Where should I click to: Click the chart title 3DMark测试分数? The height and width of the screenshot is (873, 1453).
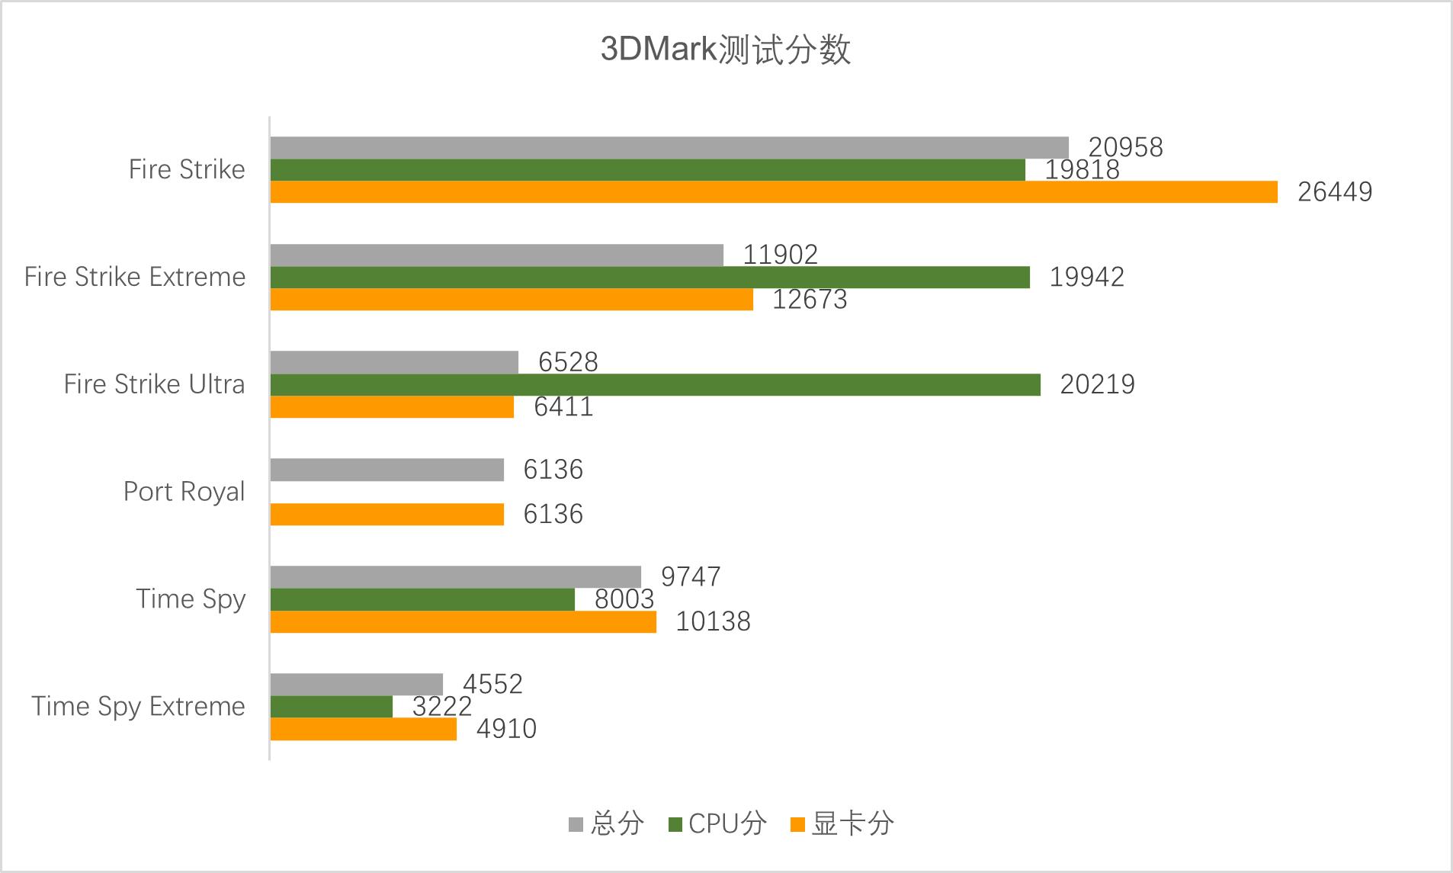725,50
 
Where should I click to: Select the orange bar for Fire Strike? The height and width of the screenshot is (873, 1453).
774,192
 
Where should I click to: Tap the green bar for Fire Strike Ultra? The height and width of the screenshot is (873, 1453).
656,385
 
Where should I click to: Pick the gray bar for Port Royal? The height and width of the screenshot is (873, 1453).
387,470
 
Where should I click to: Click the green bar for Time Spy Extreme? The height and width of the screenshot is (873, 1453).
332,707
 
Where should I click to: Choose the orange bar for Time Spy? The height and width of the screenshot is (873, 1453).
463,622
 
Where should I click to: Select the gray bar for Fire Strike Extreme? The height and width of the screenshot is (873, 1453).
497,255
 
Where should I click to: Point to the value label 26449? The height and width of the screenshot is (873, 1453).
1334,192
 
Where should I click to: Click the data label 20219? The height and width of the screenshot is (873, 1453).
1097,384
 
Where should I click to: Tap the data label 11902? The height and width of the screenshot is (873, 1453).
780,255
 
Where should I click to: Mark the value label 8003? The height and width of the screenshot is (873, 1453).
624,599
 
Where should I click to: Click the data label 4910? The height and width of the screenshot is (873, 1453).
506,729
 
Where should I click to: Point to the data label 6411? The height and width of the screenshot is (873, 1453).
563,407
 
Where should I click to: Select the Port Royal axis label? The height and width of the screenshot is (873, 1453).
184,492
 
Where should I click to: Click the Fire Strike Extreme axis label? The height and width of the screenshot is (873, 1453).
135,277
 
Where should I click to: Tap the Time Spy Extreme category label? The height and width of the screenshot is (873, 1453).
138,707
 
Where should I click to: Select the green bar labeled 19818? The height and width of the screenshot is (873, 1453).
648,170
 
